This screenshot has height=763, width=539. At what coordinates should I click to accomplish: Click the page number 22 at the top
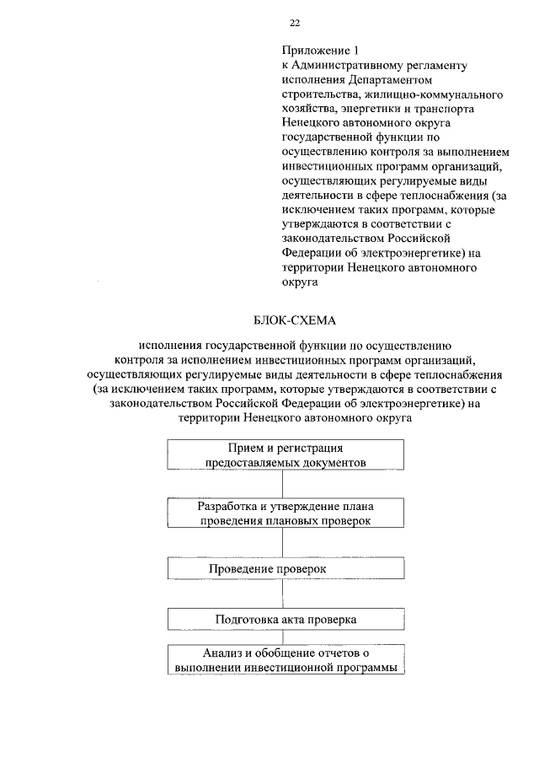point(295,23)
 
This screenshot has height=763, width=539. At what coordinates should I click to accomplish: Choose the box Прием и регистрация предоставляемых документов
point(286,454)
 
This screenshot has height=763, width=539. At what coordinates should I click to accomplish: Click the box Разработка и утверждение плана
point(286,513)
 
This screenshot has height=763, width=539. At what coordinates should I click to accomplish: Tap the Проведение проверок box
point(286,571)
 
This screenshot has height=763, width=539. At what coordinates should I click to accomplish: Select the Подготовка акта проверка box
point(286,619)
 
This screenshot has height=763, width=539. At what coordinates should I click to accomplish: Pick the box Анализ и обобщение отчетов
point(286,660)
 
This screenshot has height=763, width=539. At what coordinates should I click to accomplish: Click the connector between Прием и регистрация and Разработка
point(286,483)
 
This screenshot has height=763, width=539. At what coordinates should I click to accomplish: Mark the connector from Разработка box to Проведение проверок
point(286,543)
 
